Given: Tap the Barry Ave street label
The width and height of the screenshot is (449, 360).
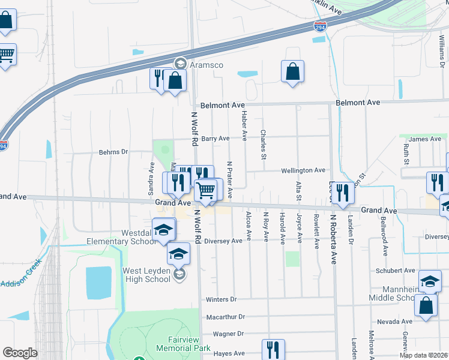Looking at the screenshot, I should (215, 139).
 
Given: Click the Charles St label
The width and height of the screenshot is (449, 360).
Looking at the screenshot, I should (264, 145).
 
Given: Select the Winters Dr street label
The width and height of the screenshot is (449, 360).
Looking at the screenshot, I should (221, 299).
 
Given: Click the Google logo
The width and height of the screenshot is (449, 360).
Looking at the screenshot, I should (20, 353).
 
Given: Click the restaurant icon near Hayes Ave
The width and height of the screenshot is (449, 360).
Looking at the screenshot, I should (273, 349).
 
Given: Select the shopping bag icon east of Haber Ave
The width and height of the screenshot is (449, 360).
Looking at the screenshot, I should (292, 71).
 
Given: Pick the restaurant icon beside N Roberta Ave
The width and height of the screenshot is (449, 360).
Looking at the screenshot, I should (343, 193).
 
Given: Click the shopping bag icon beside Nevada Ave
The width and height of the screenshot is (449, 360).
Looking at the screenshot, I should (426, 304).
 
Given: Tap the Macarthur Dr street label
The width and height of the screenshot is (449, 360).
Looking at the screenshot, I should (225, 317).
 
